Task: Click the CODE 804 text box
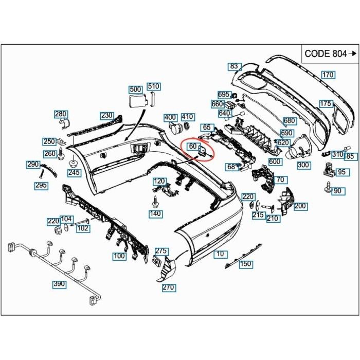point(326,53)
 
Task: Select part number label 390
point(59,284)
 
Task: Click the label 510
point(153,86)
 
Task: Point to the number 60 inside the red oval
point(193,147)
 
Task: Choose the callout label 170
point(328,75)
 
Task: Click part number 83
point(235,66)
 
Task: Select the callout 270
point(168,287)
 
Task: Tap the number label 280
point(61,114)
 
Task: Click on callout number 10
point(220,254)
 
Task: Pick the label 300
point(303,165)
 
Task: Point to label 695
point(224,95)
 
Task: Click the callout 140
point(155,213)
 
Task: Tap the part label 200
point(300,206)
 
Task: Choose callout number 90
point(337,191)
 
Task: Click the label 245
point(74,173)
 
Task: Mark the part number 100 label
point(119,256)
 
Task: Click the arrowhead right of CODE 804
point(353,53)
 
